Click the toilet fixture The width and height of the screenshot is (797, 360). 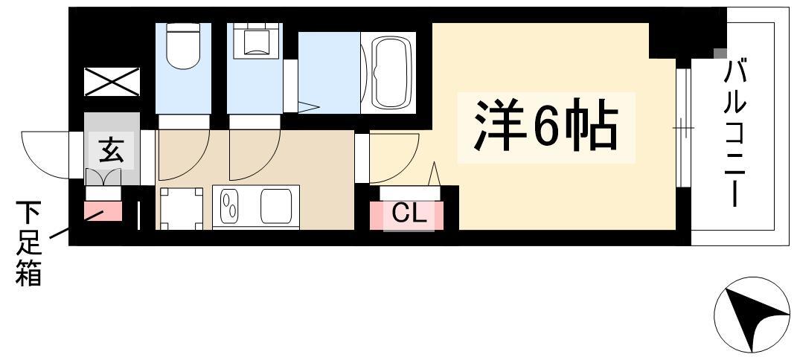point(183,45)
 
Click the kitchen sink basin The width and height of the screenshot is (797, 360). point(277,207)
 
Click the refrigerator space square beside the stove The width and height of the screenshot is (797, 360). point(182,209)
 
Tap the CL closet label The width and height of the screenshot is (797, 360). point(408,215)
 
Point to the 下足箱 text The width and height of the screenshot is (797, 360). point(28,243)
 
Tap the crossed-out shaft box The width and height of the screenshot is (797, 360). point(112,82)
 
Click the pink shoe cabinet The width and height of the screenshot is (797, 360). point(103,210)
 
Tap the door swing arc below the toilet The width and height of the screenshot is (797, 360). point(195,166)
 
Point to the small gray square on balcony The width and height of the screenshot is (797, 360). point(720,54)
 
